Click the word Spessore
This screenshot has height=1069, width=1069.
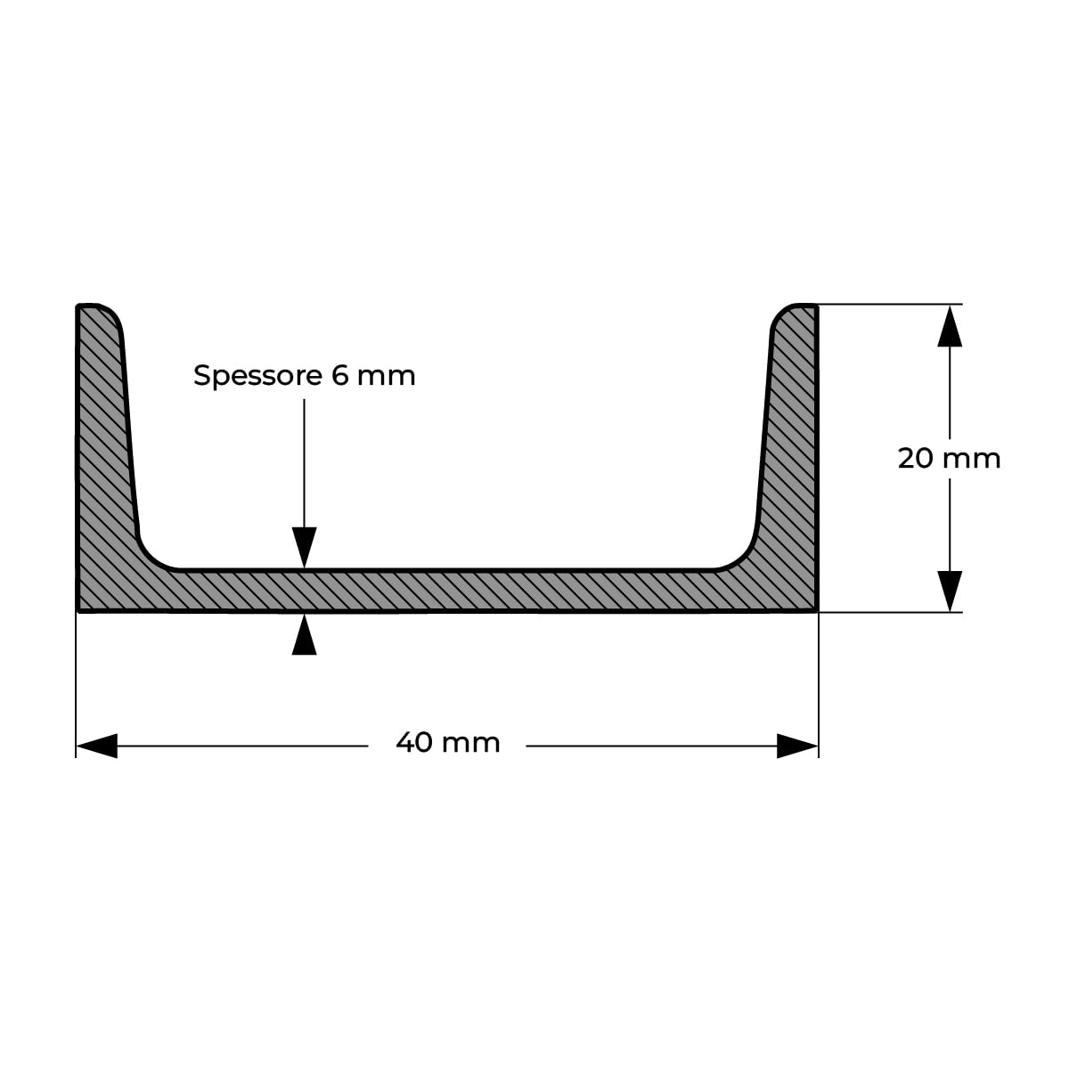[x=257, y=377]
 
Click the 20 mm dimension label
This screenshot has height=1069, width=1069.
[x=949, y=459]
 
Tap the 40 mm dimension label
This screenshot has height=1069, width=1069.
[x=448, y=743]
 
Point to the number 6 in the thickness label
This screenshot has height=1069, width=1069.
[x=340, y=376]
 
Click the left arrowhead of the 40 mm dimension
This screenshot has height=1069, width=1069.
[x=96, y=746]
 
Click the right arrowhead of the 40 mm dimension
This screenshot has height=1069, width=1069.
[x=797, y=746]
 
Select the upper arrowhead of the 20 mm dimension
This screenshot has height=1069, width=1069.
[x=950, y=326]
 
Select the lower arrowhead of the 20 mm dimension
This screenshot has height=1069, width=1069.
[x=950, y=592]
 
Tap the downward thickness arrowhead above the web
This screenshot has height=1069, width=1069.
[x=304, y=548]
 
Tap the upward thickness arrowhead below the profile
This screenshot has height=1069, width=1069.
[x=304, y=634]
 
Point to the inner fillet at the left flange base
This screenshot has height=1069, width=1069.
[x=151, y=557]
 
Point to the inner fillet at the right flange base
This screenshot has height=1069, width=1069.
[x=743, y=557]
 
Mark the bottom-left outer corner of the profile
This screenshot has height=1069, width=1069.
[x=78, y=611]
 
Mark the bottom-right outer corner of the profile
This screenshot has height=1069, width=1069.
[x=817, y=611]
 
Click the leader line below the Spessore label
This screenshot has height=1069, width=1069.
[x=304, y=463]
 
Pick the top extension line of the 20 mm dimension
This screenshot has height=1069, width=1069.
[x=890, y=304]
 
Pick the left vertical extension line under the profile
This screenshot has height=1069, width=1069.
[x=76, y=686]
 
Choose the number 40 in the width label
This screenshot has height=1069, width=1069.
[x=414, y=743]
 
